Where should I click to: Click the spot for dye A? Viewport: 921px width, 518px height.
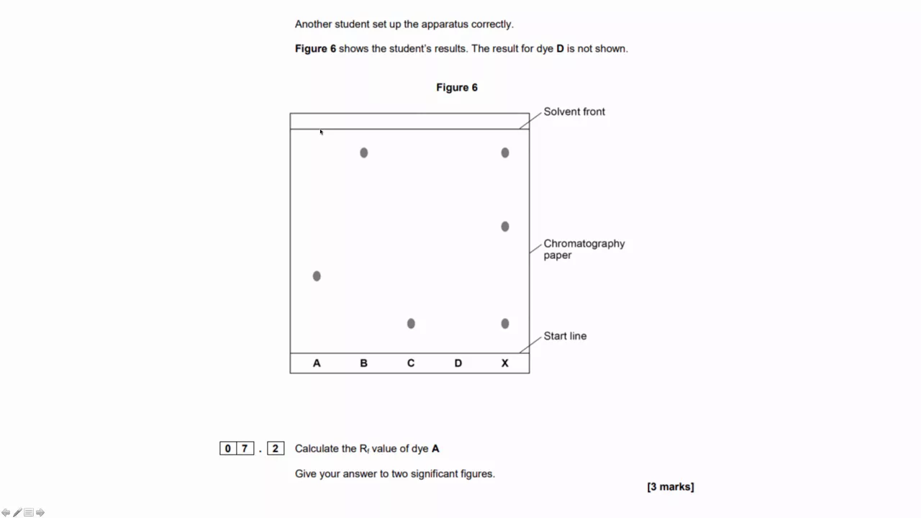tap(317, 276)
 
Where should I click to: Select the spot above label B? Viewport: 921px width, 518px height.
tap(364, 153)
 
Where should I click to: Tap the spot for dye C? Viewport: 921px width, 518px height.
tap(411, 324)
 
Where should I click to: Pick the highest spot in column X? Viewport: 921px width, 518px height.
tap(505, 153)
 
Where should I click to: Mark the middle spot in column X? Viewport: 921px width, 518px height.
tap(505, 227)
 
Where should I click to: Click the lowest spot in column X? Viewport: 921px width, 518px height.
tap(505, 324)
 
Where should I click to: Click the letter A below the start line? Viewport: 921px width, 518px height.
tap(317, 363)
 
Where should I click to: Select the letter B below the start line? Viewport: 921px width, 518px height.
tap(363, 363)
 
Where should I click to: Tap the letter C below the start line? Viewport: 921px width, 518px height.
tap(411, 363)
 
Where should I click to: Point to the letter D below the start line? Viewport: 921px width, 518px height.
tap(458, 363)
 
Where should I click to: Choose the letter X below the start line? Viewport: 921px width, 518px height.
tap(504, 363)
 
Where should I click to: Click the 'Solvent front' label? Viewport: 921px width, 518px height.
tap(574, 112)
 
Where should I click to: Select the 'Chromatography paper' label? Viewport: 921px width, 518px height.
tap(584, 249)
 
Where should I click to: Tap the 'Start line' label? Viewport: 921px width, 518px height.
tap(565, 336)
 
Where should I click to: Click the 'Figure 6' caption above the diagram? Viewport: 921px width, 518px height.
tap(457, 88)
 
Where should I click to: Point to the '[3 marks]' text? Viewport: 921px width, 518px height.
tap(671, 487)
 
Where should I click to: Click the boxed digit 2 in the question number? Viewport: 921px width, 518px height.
tap(275, 449)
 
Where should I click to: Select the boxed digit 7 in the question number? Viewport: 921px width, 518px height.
tap(245, 449)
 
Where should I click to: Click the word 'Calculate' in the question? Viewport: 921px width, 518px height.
tap(317, 449)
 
